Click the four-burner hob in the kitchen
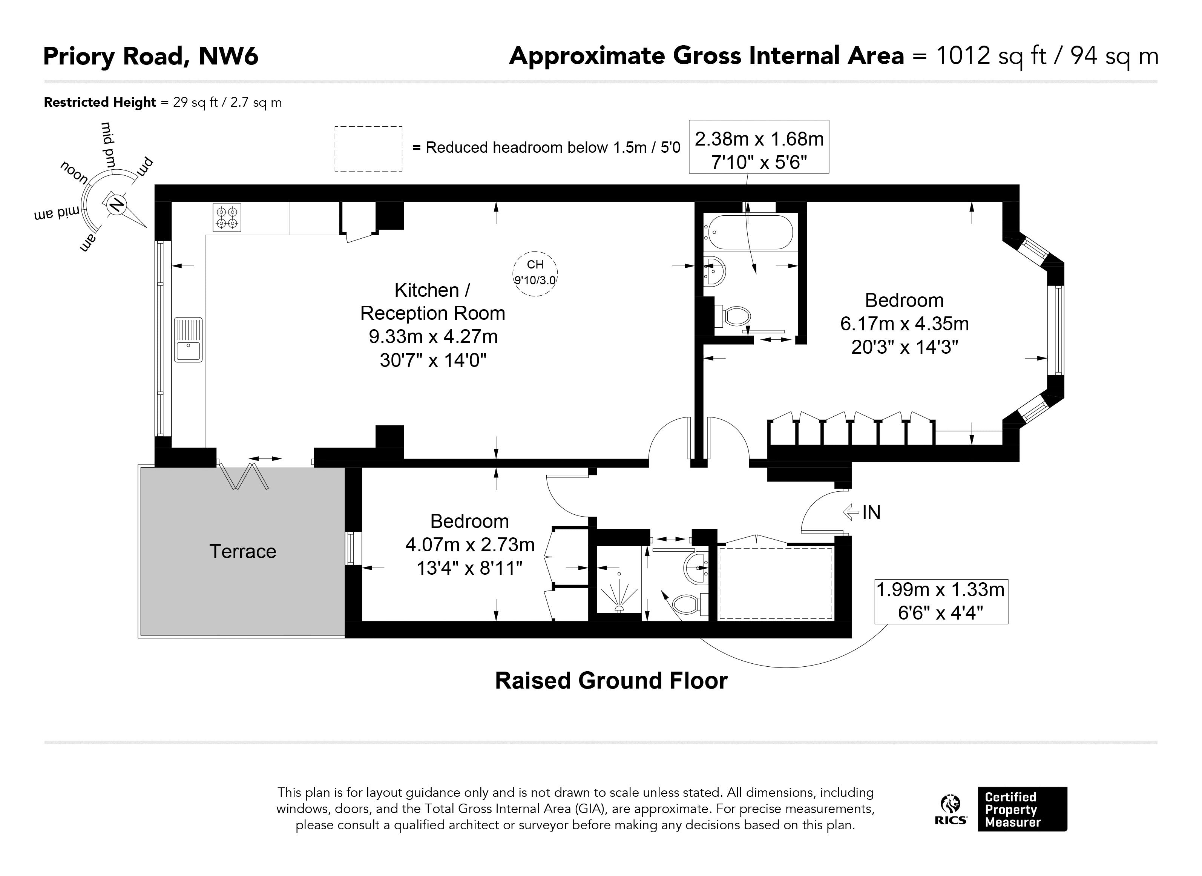tap(227, 218)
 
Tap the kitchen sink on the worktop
tap(188, 339)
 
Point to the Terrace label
tap(243, 551)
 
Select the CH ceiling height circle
tap(535, 273)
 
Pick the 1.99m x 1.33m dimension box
tap(941, 601)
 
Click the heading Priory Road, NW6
tap(150, 56)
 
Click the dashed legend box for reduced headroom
tap(368, 149)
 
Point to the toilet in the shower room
tap(690, 603)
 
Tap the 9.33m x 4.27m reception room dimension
tap(433, 336)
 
